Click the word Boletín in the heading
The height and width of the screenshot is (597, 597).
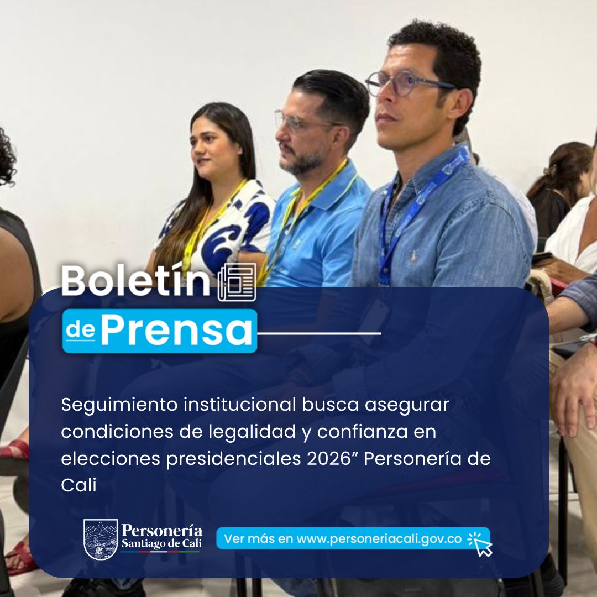(135, 281)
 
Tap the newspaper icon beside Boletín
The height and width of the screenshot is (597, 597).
(237, 282)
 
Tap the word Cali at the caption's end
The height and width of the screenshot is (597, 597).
(78, 485)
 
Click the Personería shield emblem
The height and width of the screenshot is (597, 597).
(100, 540)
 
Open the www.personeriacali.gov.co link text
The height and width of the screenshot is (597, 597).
(379, 539)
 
